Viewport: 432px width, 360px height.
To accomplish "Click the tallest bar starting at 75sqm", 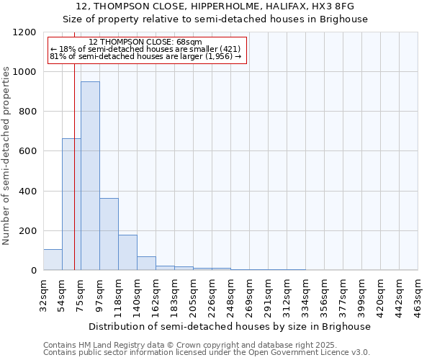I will (90, 176).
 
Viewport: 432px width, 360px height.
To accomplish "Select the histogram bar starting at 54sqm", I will (71, 204).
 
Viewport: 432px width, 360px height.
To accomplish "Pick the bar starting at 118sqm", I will (127, 253).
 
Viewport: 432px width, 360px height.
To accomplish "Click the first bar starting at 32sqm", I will (53, 260).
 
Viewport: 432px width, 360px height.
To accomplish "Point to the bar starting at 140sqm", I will (146, 264).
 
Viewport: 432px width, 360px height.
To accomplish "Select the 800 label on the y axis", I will (27, 112).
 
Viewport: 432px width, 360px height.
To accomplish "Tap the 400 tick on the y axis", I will (27, 192).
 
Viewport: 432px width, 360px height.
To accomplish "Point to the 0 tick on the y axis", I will (33, 271).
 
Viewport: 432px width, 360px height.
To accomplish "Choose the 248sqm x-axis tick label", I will (230, 292).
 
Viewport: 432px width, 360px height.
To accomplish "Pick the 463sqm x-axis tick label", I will (418, 292).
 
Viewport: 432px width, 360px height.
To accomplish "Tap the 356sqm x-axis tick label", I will (324, 292).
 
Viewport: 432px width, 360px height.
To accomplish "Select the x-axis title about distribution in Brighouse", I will (230, 326).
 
